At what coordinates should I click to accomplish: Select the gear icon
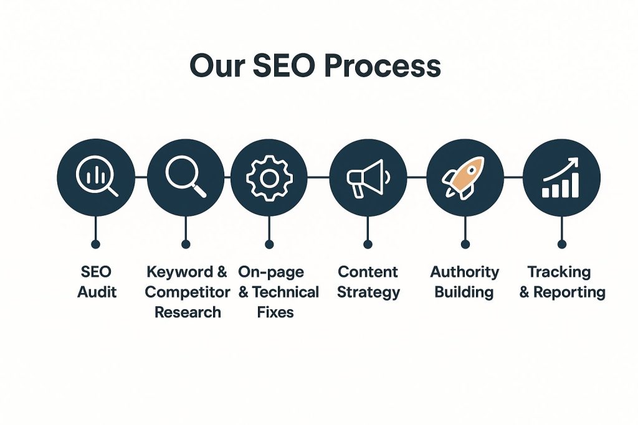point(269,177)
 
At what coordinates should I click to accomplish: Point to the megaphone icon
point(368,177)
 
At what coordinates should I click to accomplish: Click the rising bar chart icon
point(561,177)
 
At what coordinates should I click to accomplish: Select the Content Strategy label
point(368,281)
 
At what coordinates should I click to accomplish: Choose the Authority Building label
point(465,281)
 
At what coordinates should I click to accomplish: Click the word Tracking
point(559,272)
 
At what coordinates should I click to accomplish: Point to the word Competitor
point(188,292)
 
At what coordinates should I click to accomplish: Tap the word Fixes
point(275,311)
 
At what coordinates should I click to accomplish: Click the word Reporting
point(568,292)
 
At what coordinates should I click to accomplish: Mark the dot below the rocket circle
point(465,244)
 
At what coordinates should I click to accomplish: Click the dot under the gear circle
point(269,244)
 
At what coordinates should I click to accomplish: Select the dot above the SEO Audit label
point(95,244)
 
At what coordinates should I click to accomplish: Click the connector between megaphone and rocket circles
point(416,177)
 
